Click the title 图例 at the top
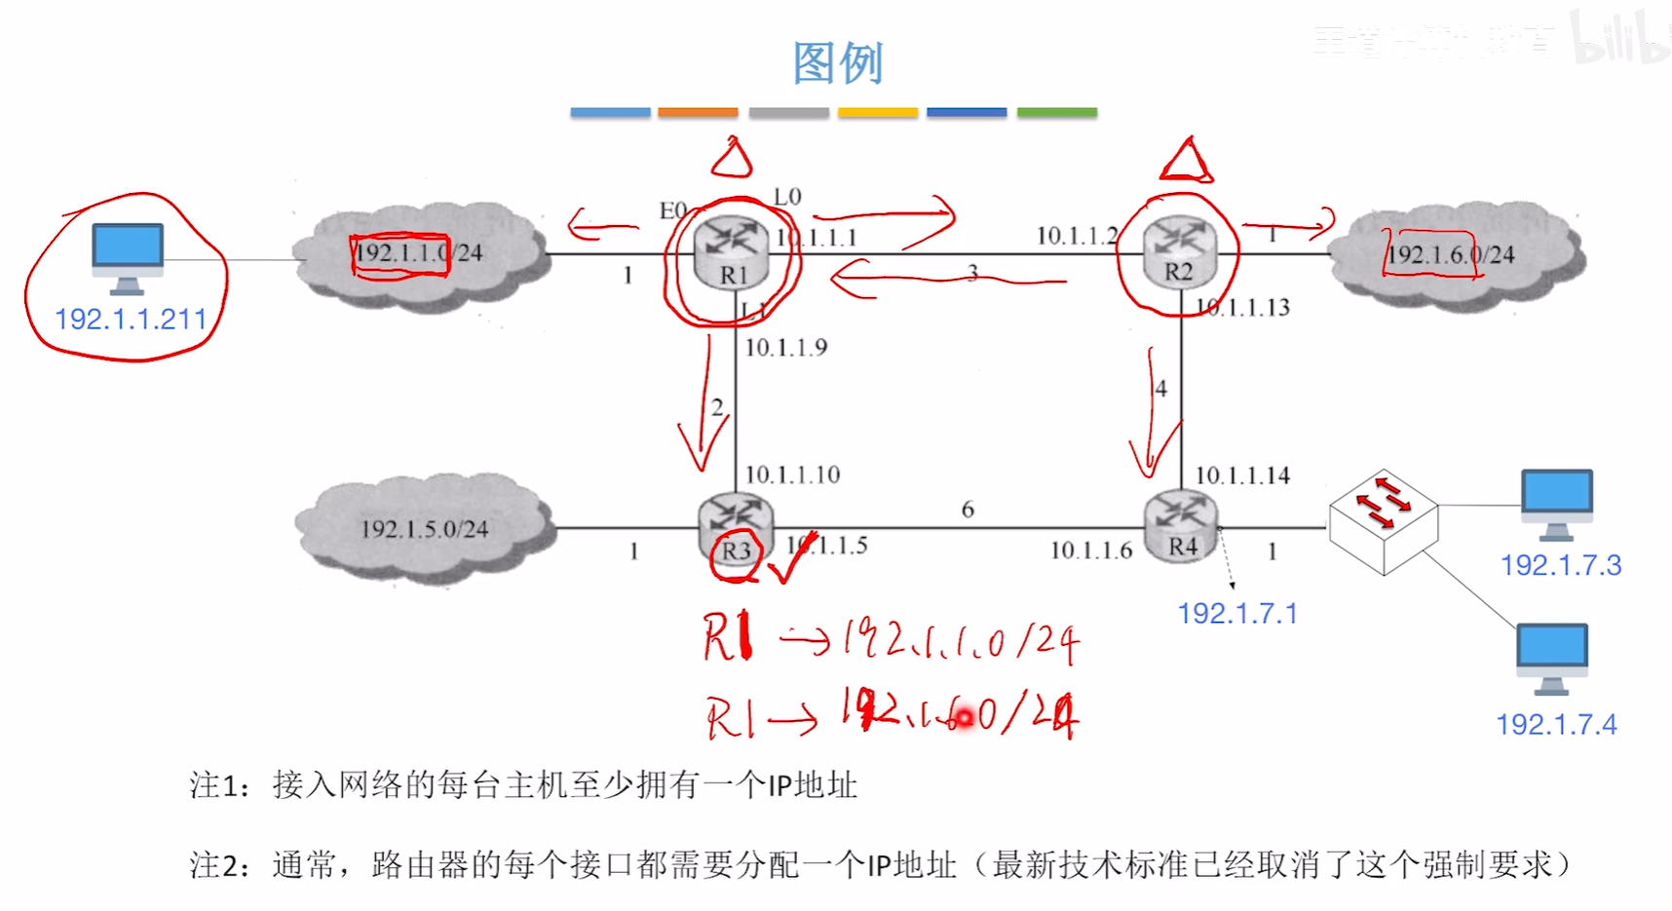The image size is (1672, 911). pos(837,64)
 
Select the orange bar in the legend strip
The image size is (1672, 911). pos(698,113)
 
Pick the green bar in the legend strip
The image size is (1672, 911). pos(1056,113)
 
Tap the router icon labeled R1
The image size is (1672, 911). pos(732,252)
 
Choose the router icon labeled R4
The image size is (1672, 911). pos(1181,526)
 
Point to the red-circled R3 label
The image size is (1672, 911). pos(736,551)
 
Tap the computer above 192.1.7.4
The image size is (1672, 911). pos(1551,659)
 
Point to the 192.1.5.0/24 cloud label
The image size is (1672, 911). pos(425,529)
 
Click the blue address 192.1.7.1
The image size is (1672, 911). pos(1237,614)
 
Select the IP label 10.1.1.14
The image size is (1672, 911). pos(1242,475)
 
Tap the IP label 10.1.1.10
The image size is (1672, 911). pos(792,474)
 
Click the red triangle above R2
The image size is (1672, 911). pos(1185,163)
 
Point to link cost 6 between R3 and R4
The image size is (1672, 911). pos(968,510)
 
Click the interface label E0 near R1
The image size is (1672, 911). pos(673,210)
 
